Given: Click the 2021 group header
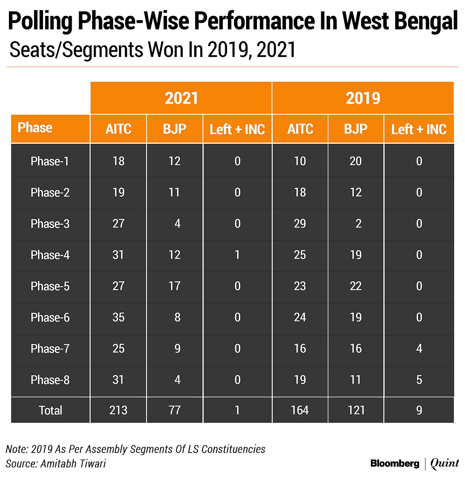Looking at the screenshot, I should (181, 98).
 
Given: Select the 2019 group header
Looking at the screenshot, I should (363, 98).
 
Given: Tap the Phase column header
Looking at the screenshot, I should (35, 127).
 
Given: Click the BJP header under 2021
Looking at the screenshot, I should (174, 129).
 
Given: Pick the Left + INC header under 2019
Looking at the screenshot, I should (419, 129).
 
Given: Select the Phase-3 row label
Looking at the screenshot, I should (50, 224).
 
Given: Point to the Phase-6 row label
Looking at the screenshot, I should (50, 318).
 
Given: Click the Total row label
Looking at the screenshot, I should (50, 410).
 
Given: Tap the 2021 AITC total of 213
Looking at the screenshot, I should (118, 410).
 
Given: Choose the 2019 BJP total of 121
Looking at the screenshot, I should (356, 410).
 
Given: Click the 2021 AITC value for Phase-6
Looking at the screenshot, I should (118, 317).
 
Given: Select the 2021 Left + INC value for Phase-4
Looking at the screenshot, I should (237, 255).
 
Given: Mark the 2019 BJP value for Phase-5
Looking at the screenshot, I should (356, 286).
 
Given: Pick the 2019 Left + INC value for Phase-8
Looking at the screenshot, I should (419, 380).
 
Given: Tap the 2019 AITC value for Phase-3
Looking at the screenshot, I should (300, 224).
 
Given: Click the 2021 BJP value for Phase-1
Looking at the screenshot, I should (174, 161).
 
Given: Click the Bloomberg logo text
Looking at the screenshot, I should (394, 463).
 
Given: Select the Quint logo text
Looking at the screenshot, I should (444, 463).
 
